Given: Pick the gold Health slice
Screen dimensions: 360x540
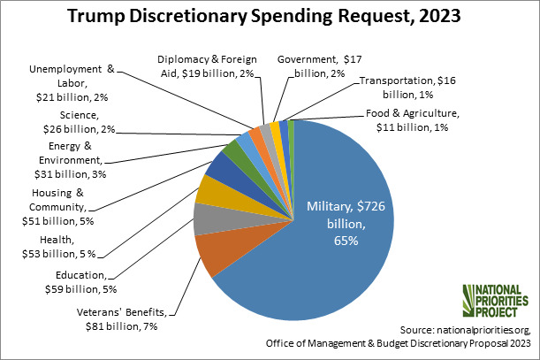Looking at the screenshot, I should (214, 188).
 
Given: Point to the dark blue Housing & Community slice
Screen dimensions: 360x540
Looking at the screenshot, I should (222, 165).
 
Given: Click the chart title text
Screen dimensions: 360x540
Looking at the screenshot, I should (269, 19).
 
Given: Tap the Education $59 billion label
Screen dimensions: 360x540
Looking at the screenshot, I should (81, 281).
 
